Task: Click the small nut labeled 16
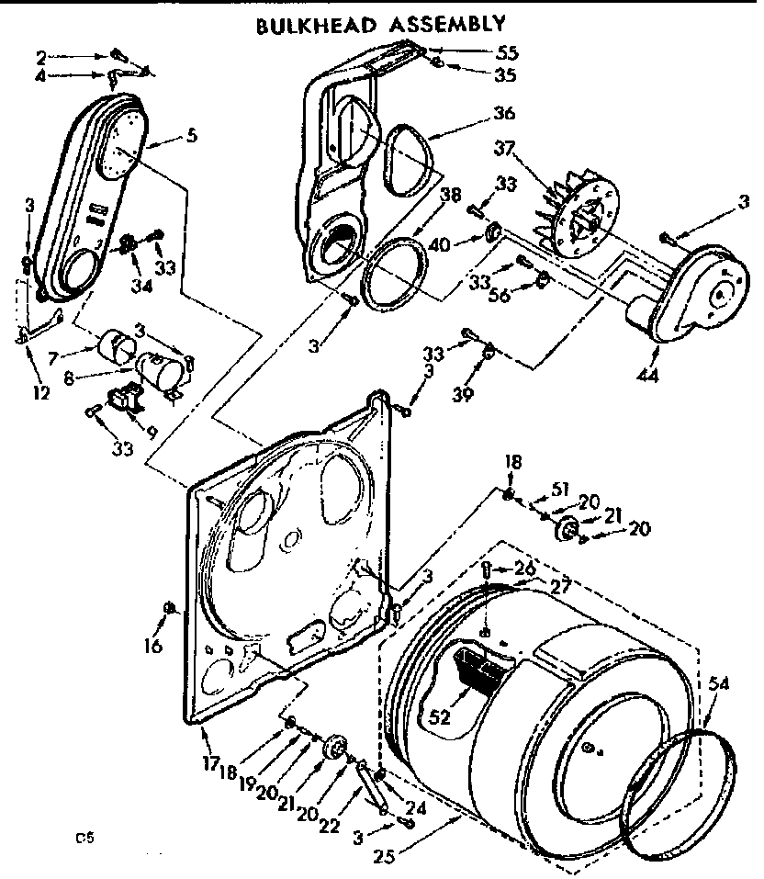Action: tap(168, 607)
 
